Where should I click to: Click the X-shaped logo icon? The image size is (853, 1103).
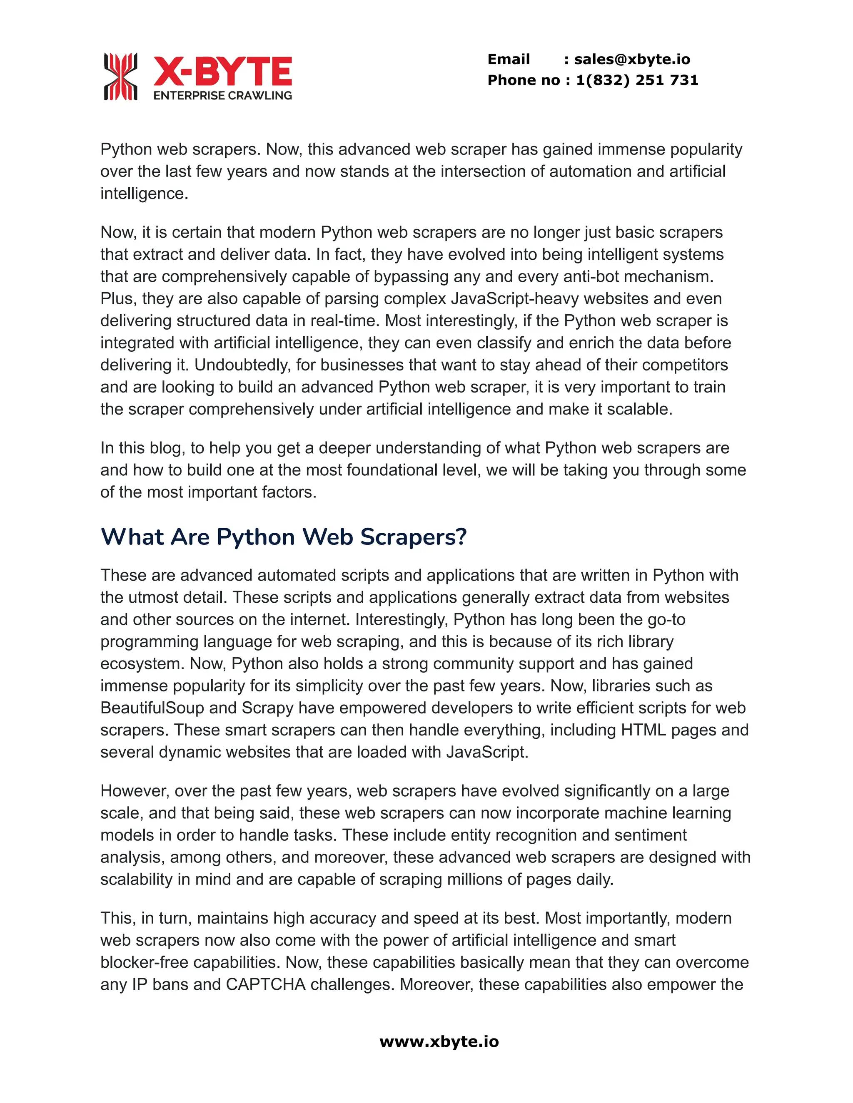tap(120, 76)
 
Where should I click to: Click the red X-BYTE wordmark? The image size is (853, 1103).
tap(222, 71)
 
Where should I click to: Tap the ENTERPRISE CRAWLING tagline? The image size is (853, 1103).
tap(222, 95)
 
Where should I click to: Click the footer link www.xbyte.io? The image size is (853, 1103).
tap(439, 1041)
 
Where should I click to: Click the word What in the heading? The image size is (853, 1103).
tap(133, 537)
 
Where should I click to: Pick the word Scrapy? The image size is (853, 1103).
tap(267, 708)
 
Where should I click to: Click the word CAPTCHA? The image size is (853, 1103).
tap(265, 984)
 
